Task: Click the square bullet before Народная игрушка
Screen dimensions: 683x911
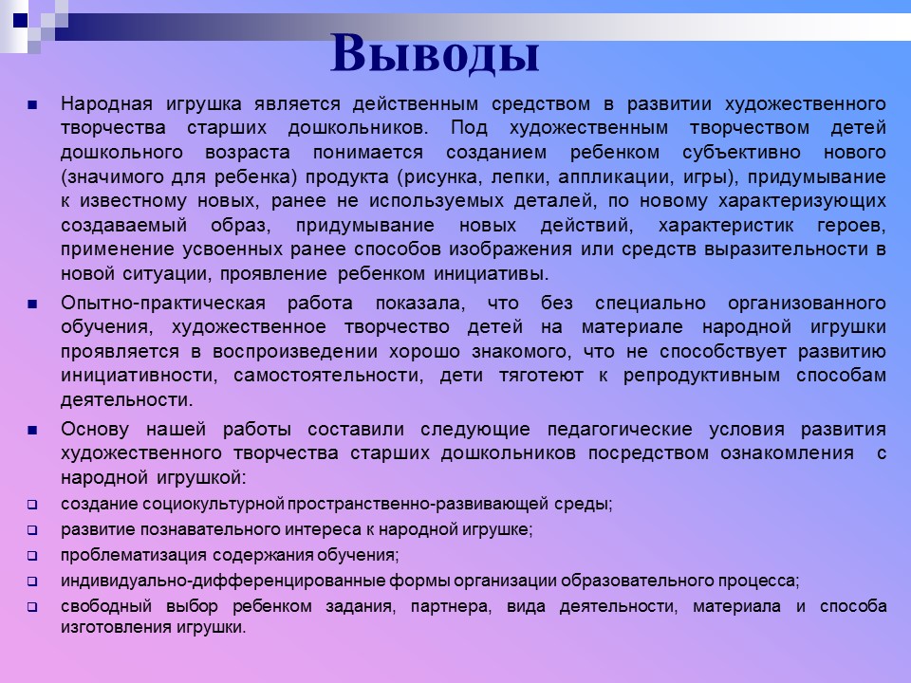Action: coord(32,103)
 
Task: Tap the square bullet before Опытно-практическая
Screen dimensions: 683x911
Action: coord(32,304)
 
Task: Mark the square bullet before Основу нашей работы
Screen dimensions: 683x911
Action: coord(32,429)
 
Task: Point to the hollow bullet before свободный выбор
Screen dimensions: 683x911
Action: coord(31,606)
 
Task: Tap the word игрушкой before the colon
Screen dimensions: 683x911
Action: coord(202,477)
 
